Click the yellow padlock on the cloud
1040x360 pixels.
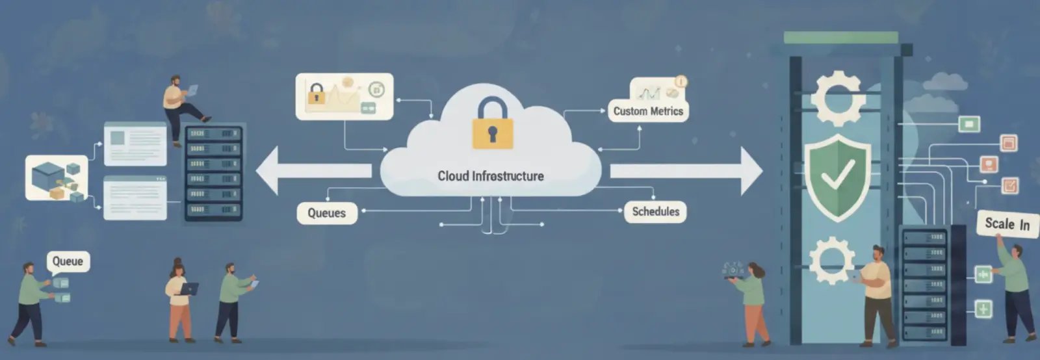pos(492,125)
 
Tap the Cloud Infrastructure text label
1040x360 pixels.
pos(491,176)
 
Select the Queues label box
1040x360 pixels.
pos(327,213)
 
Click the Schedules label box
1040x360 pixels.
pos(655,212)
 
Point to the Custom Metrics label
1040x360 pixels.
pos(648,111)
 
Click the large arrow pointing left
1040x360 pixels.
pos(312,171)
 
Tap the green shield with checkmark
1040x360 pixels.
pos(838,177)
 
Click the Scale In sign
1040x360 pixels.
pos(1007,224)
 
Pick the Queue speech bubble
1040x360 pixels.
pos(68,261)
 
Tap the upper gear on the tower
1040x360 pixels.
pos(837,98)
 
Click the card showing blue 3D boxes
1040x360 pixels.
pos(57,177)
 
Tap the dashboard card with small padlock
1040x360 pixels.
pos(344,96)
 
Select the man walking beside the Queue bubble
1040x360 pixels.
pos(29,302)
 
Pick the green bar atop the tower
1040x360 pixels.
pos(840,38)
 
